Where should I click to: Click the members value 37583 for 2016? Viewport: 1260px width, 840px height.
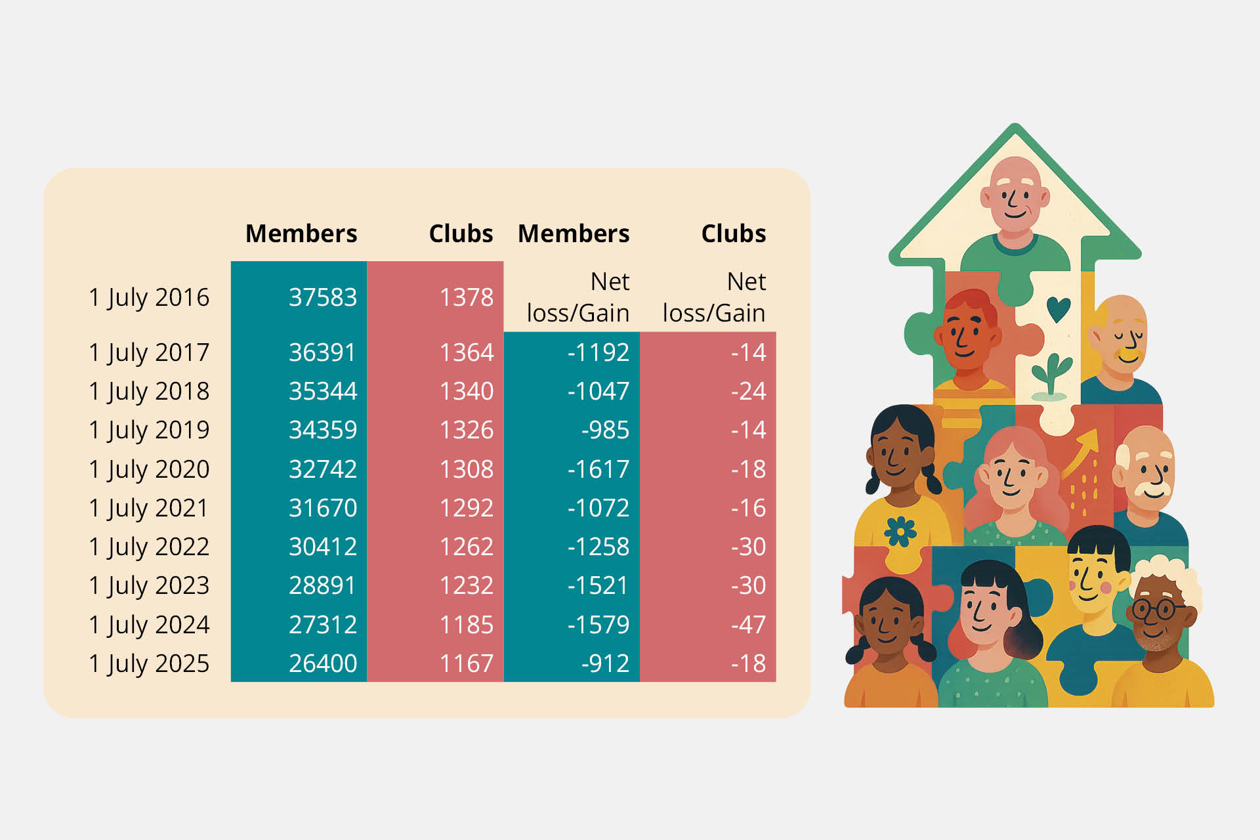(x=323, y=297)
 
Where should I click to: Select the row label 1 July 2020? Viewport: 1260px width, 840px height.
(x=149, y=470)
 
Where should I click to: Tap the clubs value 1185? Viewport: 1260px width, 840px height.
(x=467, y=625)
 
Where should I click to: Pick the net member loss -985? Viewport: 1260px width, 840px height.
(x=605, y=430)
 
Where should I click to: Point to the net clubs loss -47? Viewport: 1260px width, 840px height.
(x=748, y=625)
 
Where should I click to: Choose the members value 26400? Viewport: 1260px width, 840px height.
(x=323, y=663)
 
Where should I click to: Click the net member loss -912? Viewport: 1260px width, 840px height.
(x=605, y=663)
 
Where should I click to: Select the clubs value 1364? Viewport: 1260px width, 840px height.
(x=467, y=352)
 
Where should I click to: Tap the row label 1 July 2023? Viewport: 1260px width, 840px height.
(x=149, y=586)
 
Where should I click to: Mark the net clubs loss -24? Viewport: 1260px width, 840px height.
(x=748, y=391)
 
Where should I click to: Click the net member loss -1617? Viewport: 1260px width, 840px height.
(x=598, y=469)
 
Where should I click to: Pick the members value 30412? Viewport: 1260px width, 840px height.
(x=323, y=547)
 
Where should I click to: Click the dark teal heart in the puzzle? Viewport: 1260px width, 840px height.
(x=1058, y=309)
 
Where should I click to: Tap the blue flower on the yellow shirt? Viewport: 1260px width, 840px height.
(x=900, y=531)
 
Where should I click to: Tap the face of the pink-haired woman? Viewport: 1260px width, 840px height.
(x=1011, y=478)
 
